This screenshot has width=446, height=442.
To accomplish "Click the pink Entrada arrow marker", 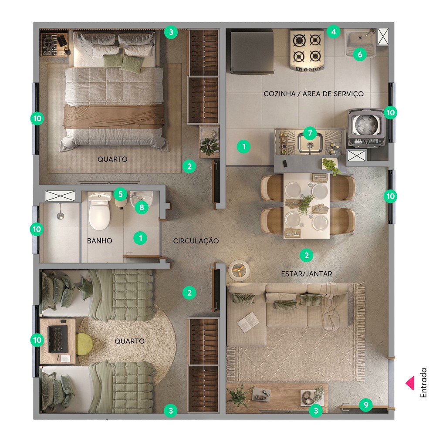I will (x=410, y=383).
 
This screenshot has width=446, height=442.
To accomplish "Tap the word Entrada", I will (x=423, y=383).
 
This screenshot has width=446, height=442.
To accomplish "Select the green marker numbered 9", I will (x=366, y=405).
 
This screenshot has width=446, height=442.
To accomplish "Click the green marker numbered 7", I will (x=310, y=132).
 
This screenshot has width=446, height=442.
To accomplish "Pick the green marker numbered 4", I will (x=333, y=32).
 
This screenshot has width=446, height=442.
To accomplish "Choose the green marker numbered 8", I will (x=141, y=207).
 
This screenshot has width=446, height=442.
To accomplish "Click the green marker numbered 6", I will (x=359, y=54).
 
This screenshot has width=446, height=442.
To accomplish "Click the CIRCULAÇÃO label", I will (x=196, y=241).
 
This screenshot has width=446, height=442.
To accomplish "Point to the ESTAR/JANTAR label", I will (x=306, y=273).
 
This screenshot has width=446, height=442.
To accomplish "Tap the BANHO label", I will (x=99, y=241).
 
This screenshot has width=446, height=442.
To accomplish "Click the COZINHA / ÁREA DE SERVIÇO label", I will (x=313, y=94).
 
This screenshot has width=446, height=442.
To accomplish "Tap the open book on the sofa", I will (x=248, y=322).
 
